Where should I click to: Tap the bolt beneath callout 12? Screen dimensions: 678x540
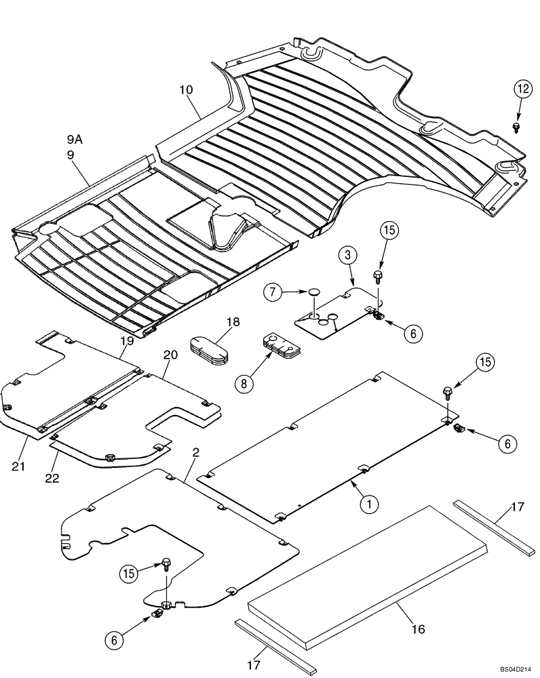coord(518,126)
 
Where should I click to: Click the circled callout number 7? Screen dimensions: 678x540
coord(272,293)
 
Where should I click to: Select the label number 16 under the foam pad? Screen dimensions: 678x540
coord(418,630)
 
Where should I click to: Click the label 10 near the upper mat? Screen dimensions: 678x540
coord(187,89)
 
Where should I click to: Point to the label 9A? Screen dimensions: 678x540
coord(75,139)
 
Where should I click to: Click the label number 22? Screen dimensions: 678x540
coord(52,478)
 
